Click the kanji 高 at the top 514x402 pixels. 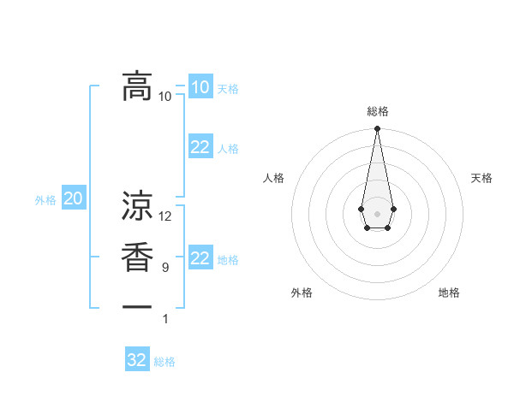(136, 86)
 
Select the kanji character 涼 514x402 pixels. (136, 206)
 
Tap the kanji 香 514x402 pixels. (136, 258)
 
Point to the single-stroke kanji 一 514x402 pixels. (136, 306)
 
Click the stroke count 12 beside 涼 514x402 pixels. (165, 216)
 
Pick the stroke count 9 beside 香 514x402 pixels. (165, 268)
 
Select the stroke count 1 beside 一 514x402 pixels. (165, 319)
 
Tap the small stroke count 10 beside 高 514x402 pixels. (165, 96)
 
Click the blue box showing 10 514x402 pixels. (200, 87)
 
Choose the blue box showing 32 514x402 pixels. (137, 360)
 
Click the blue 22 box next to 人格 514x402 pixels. (200, 147)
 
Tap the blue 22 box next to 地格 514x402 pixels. (200, 258)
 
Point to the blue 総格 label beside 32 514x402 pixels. (164, 362)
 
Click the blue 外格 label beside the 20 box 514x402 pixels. (45, 200)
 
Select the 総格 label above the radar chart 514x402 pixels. (377, 111)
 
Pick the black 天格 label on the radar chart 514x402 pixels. (481, 178)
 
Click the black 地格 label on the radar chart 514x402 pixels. (449, 293)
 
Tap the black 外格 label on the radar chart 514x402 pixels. (302, 293)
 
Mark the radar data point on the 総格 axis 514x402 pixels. (377, 129)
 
